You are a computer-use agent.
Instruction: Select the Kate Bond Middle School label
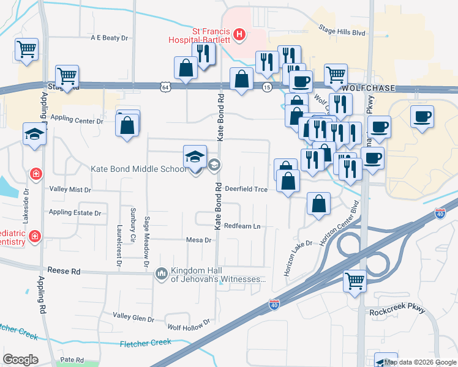[138, 169]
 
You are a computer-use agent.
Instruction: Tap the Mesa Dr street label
[199, 240]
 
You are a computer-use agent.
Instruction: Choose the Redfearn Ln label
[242, 226]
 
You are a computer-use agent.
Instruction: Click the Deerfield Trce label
[246, 189]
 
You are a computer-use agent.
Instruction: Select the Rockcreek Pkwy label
[397, 311]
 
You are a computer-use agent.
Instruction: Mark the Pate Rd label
[72, 360]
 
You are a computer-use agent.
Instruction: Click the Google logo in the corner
[20, 360]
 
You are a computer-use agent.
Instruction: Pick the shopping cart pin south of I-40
[355, 281]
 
